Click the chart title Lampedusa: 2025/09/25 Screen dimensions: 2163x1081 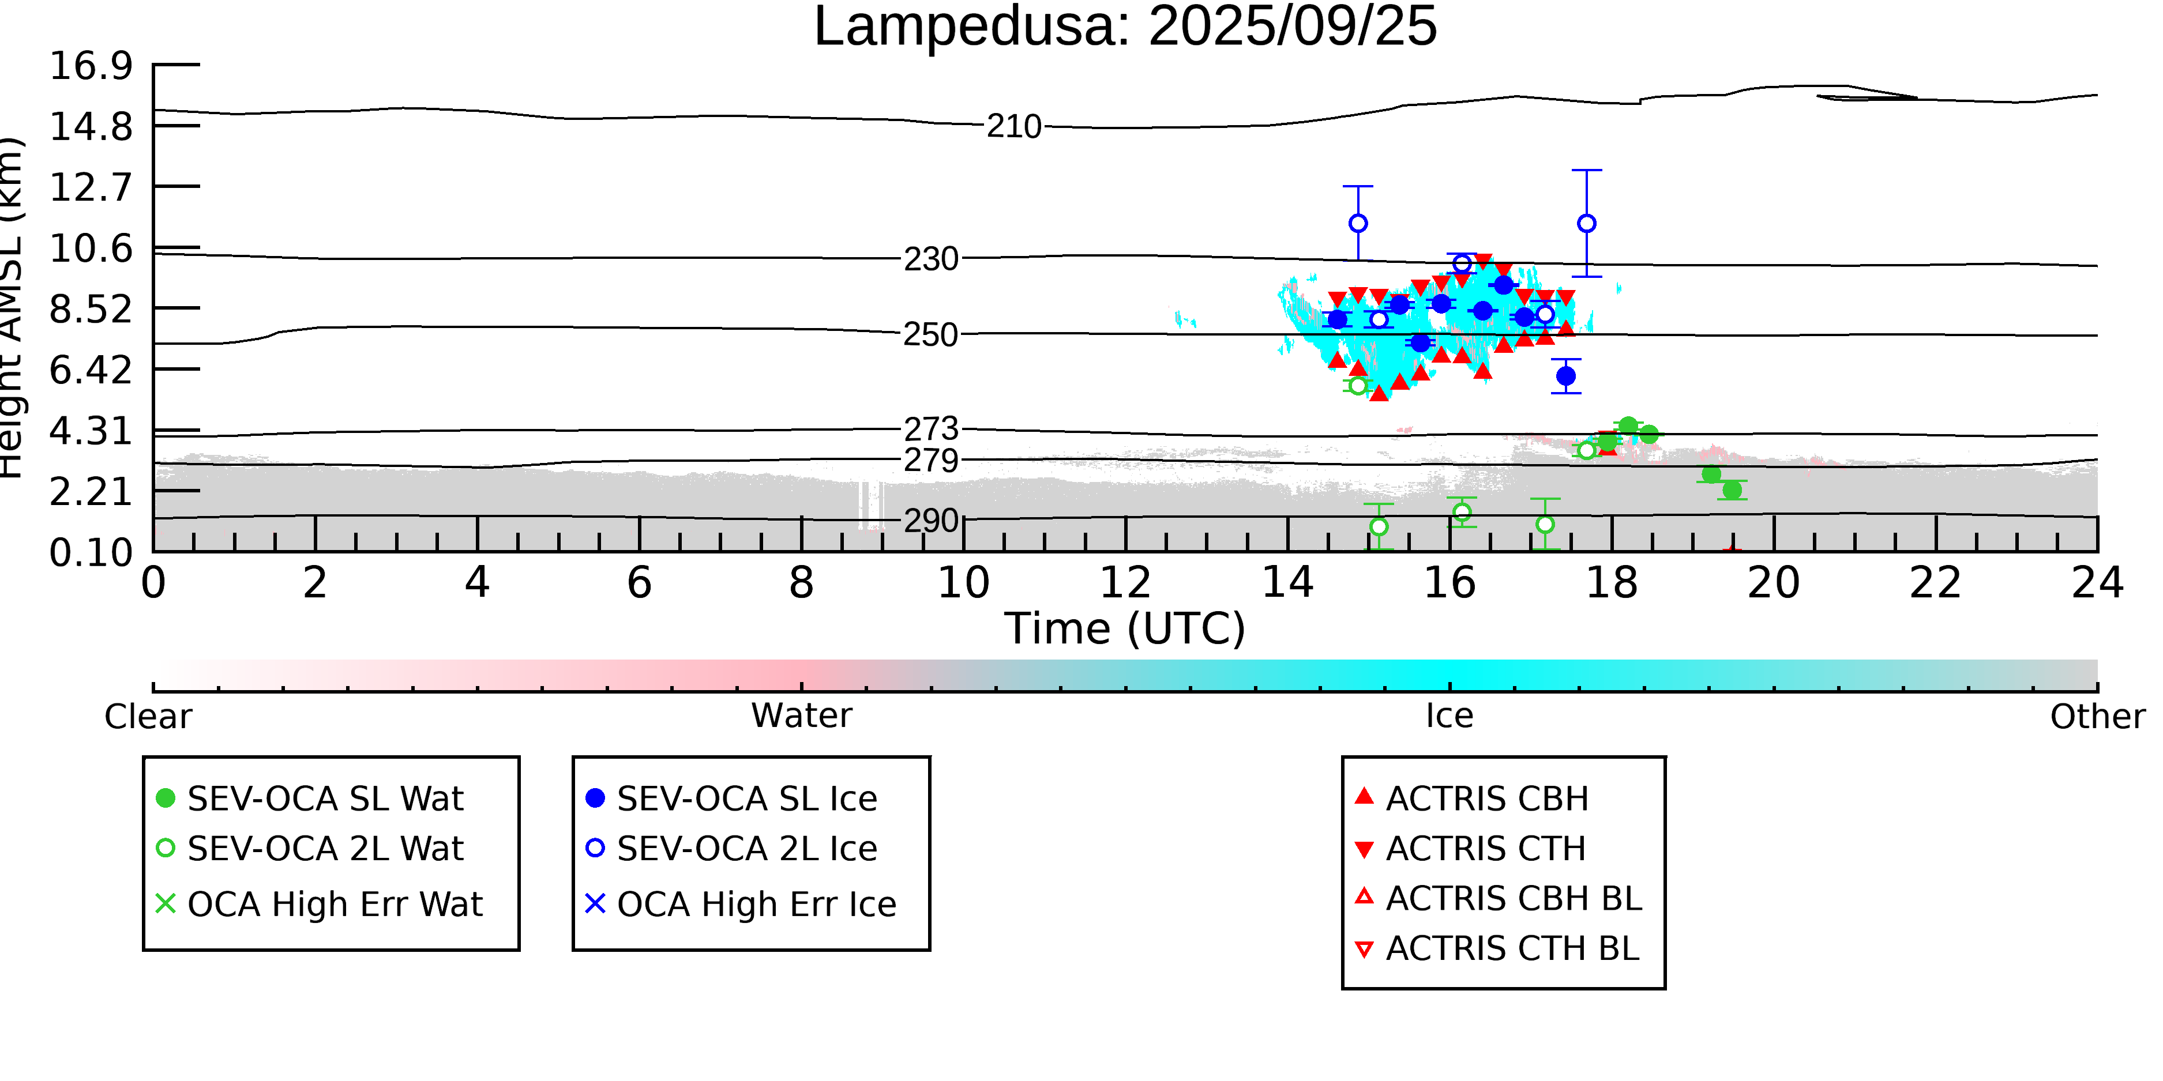pos(1125,27)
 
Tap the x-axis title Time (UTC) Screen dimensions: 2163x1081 pos(1125,628)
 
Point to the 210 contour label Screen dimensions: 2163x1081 pos(1013,127)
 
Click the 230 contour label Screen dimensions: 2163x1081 pos(930,259)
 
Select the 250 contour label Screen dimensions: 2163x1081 pos(930,335)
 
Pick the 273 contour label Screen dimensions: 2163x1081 pos(930,429)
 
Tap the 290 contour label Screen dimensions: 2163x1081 pos(930,521)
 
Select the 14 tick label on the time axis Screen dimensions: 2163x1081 pos(1287,582)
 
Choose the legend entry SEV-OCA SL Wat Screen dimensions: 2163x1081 pos(311,798)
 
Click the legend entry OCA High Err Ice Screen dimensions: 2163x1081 pos(741,904)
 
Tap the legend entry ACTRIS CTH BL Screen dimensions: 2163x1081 pos(1497,948)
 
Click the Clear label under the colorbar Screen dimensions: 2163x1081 pos(148,717)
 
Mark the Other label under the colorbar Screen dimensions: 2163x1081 pos(2097,717)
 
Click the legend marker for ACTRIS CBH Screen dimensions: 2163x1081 pos(1365,796)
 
